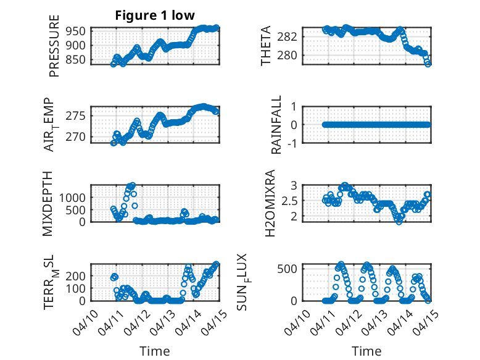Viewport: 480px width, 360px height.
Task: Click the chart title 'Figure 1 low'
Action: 155,15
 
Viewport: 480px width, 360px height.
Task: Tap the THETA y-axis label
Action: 266,46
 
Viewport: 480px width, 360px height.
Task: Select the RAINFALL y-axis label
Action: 277,125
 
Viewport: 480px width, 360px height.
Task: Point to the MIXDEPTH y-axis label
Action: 49,203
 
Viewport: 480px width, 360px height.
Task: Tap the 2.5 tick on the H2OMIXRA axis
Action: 290,201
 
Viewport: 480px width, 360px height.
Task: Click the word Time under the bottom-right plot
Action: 366,351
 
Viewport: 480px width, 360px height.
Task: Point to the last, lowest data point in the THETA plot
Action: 428,64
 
